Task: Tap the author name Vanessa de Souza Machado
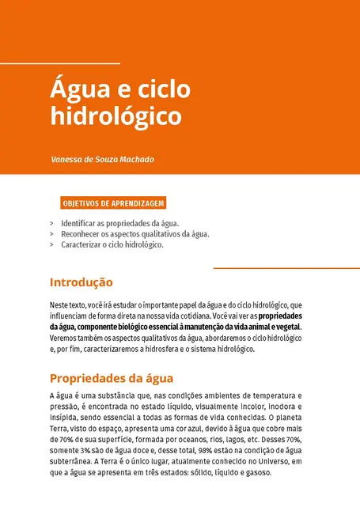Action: tap(102, 159)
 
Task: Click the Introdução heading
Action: tap(81, 282)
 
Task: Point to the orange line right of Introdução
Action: tap(286, 269)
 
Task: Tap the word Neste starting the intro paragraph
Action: tap(59, 304)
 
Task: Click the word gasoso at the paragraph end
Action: tap(256, 472)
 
